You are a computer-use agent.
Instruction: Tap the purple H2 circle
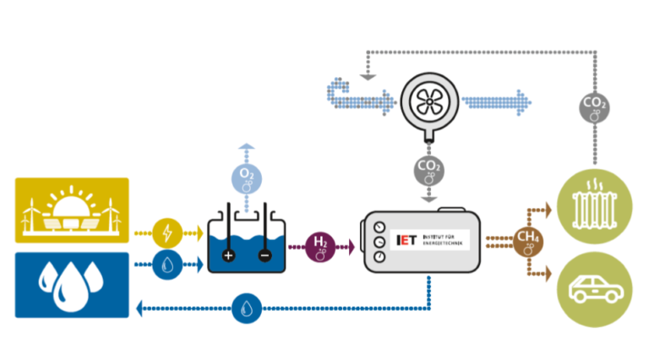pos(321,246)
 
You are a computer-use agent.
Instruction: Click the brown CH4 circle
pos(529,240)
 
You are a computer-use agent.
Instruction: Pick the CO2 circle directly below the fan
pos(428,170)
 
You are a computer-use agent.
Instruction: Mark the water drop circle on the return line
pos(246,308)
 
